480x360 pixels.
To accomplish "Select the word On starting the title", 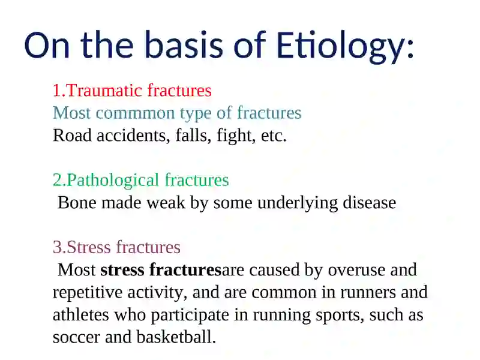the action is coord(47,46).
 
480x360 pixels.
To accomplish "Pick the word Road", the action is coord(72,136).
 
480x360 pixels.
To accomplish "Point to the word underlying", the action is coord(298,203).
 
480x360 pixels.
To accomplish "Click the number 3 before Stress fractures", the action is coord(57,247).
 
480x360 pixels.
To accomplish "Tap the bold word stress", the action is coord(122,271).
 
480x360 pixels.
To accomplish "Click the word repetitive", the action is coord(88,293).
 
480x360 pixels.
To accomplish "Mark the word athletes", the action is coord(81,315).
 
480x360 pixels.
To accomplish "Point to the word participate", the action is coord(190,316).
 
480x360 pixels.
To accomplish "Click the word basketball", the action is coord(176,337).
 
